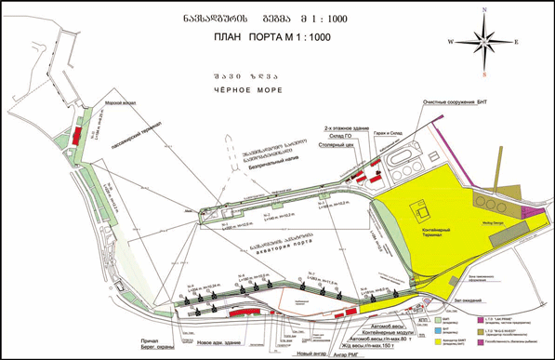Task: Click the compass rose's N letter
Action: (485, 9)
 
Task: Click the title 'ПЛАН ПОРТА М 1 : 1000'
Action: (278, 37)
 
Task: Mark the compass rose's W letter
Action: (451, 42)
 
